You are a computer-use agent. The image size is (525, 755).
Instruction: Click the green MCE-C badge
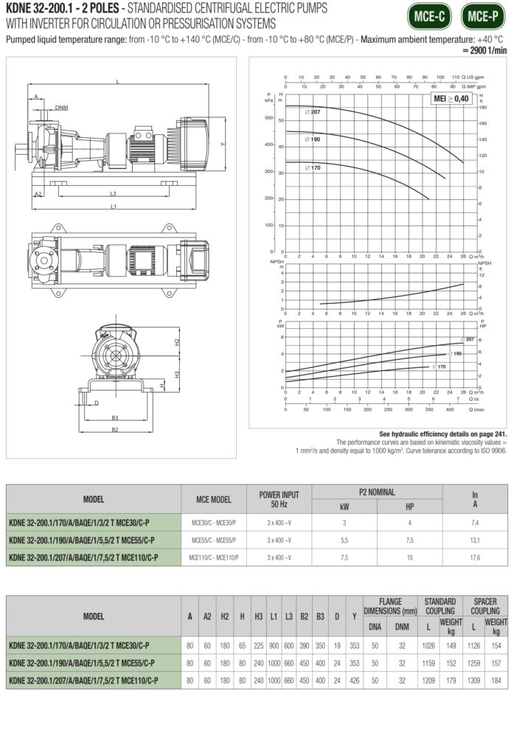tap(431, 15)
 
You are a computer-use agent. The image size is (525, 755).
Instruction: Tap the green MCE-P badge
tap(482, 15)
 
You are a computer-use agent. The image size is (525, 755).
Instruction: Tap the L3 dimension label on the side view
tap(112, 194)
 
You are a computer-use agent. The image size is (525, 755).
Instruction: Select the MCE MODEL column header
tap(212, 499)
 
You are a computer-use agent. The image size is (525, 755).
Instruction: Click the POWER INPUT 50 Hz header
tap(279, 499)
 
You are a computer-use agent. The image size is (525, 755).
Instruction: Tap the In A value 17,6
tap(474, 556)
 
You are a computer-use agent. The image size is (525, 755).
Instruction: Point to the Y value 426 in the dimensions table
tap(354, 679)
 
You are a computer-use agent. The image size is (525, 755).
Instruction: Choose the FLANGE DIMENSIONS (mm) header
tap(390, 606)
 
